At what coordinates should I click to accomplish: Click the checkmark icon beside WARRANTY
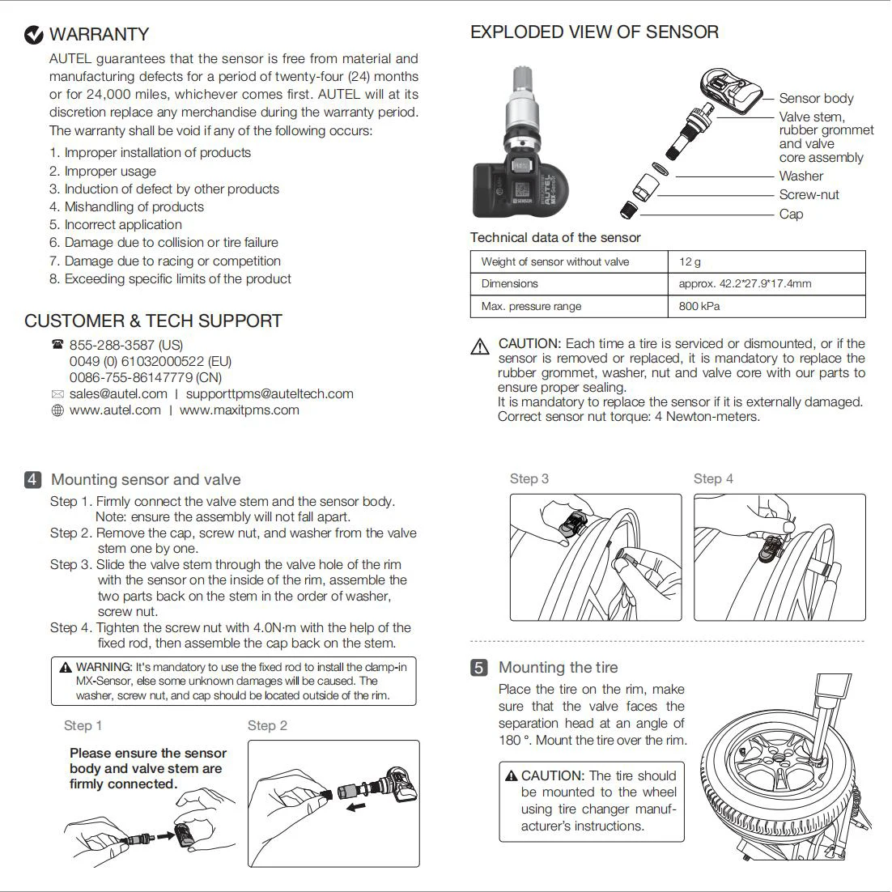click(x=34, y=35)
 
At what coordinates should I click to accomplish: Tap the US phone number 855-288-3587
click(x=126, y=345)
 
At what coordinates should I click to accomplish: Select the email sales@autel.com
click(x=118, y=394)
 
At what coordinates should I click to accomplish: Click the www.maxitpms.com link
click(x=240, y=410)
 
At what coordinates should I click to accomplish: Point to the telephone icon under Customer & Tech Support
click(x=57, y=345)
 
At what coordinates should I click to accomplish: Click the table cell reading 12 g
click(x=690, y=261)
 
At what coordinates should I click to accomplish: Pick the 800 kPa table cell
click(x=699, y=306)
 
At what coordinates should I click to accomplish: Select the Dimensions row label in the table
click(x=510, y=283)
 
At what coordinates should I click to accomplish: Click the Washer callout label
click(x=801, y=176)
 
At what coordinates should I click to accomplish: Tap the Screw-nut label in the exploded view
click(x=809, y=194)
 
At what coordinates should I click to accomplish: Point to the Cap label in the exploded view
click(x=791, y=214)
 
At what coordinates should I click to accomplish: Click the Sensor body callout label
click(x=816, y=98)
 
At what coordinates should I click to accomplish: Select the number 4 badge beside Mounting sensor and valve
click(x=32, y=480)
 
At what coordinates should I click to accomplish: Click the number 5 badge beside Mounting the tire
click(x=479, y=668)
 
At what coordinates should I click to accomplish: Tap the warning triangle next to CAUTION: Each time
click(x=480, y=346)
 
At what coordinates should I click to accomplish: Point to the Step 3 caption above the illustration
click(x=529, y=478)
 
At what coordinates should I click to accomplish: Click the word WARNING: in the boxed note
click(x=104, y=667)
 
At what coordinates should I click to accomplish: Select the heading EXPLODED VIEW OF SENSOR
click(x=594, y=32)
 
